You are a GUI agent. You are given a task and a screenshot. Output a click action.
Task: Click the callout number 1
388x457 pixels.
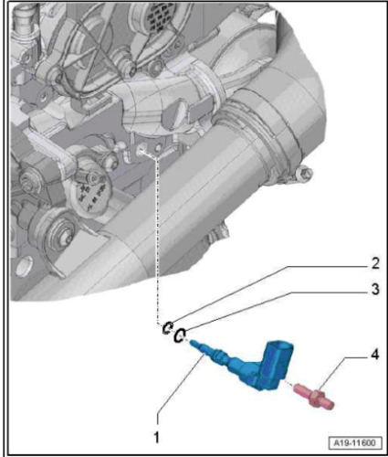[x=157, y=438]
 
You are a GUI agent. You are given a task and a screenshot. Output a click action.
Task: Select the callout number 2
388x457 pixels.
[x=375, y=263]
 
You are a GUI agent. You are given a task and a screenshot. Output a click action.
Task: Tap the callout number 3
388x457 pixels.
[x=375, y=289]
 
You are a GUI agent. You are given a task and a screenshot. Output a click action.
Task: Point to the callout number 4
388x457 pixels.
[x=374, y=355]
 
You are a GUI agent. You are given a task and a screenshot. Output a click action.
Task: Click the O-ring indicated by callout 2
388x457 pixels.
[x=167, y=327]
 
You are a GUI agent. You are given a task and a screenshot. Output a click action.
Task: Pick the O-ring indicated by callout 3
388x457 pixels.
[x=180, y=335]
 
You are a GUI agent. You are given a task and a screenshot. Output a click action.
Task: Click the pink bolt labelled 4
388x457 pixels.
[x=314, y=397]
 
